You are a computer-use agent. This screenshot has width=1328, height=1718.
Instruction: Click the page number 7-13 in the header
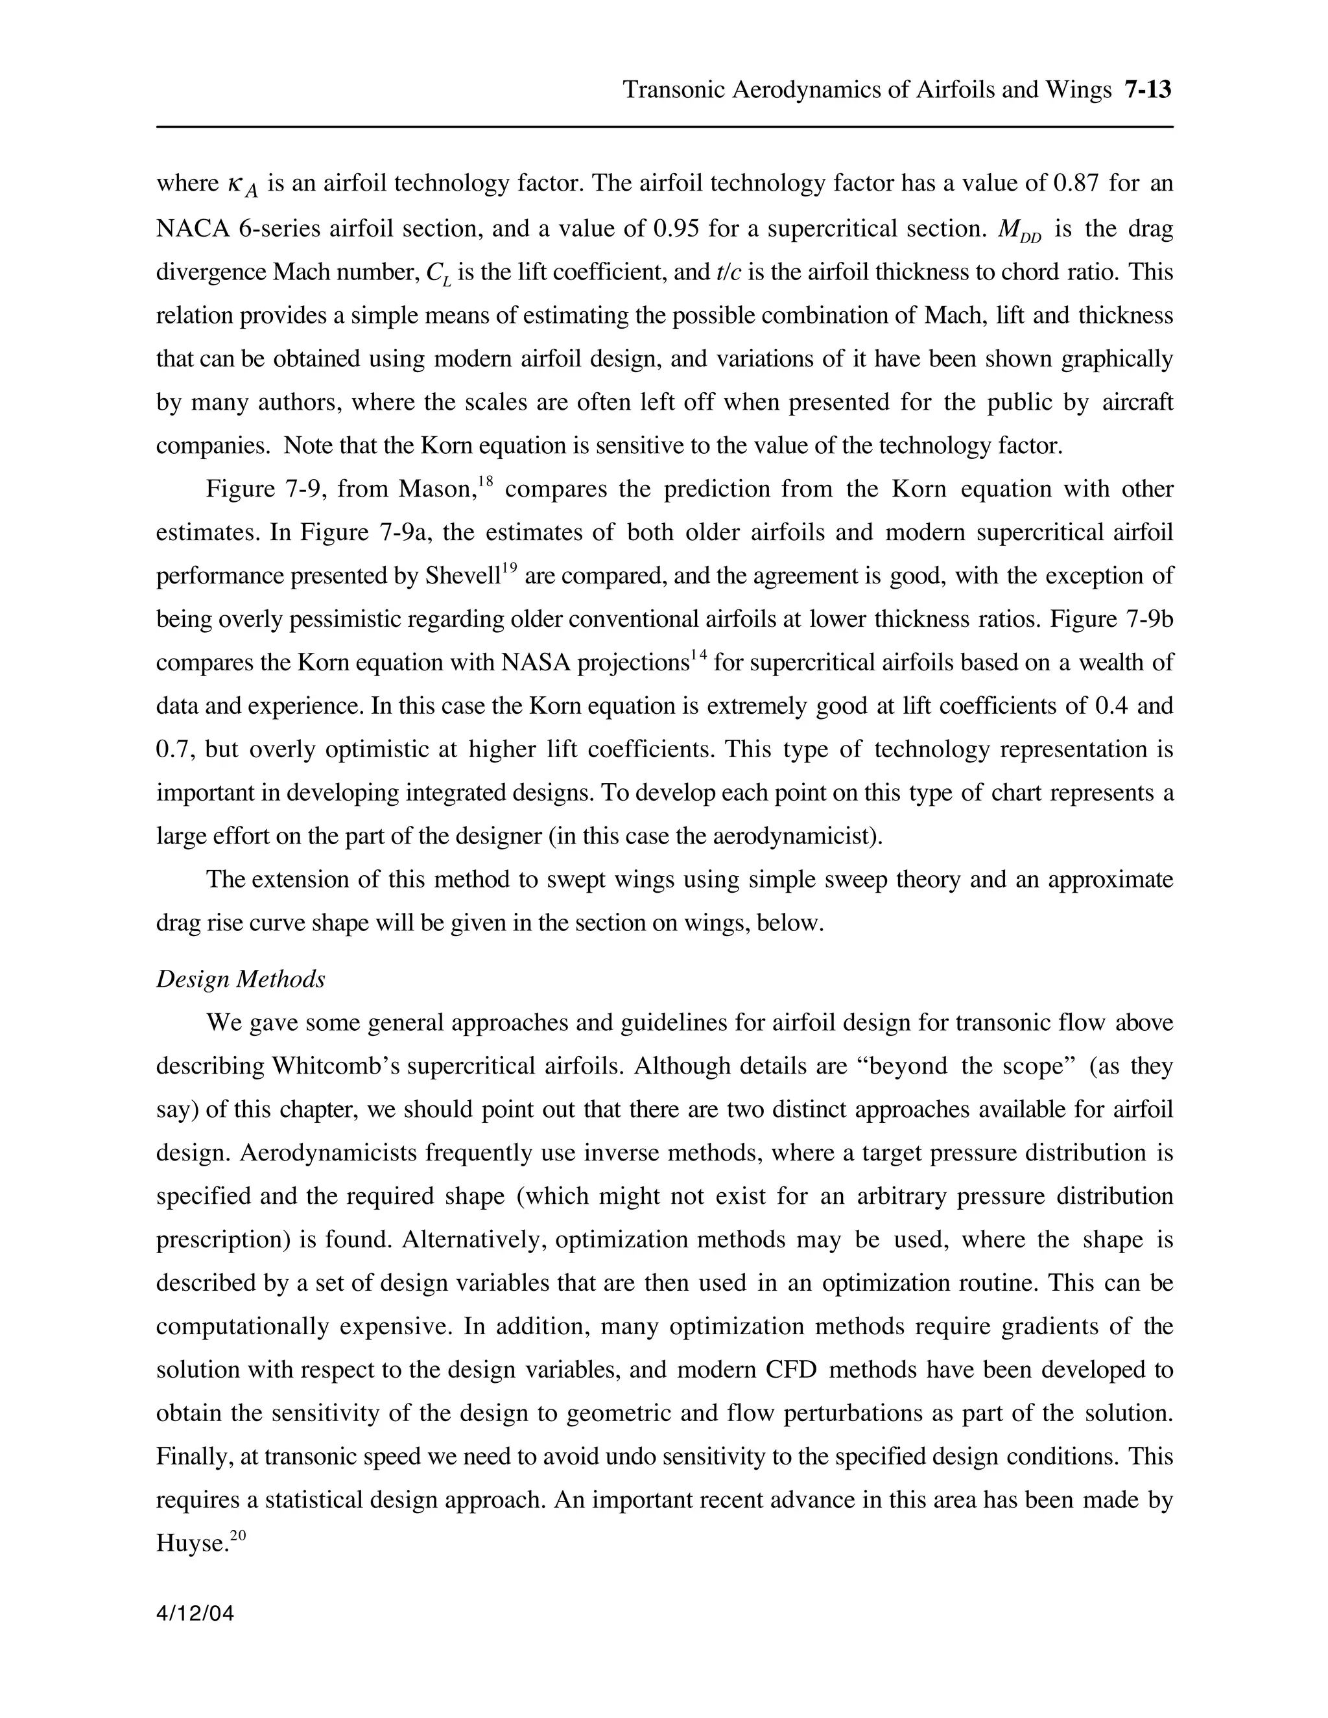(1148, 89)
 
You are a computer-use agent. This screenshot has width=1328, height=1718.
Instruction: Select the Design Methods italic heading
(240, 980)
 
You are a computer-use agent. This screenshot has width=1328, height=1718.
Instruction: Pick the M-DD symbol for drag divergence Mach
(1019, 231)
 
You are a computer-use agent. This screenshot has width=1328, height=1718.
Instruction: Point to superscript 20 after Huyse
(239, 1535)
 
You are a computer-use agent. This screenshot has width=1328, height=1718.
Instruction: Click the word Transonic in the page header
(674, 89)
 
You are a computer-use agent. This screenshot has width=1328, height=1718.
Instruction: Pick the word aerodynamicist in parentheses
(794, 836)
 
